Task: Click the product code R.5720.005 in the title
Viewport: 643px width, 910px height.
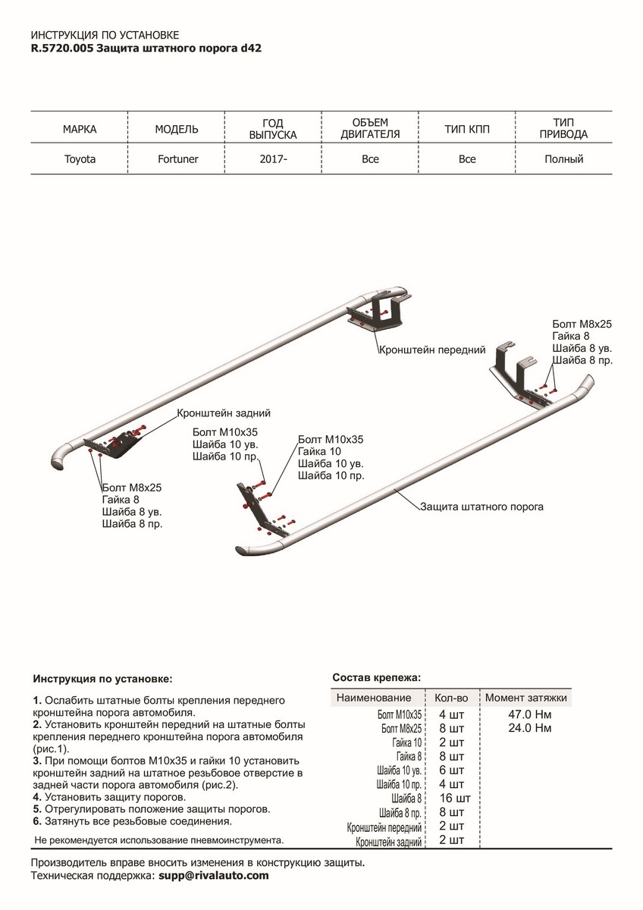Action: pyautogui.click(x=62, y=47)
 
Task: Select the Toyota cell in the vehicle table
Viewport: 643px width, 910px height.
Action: pyautogui.click(x=80, y=159)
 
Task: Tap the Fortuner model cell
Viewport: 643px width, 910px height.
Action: pyautogui.click(x=177, y=159)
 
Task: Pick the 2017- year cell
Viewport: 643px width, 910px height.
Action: pyautogui.click(x=273, y=159)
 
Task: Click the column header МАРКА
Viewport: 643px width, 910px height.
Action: pyautogui.click(x=80, y=130)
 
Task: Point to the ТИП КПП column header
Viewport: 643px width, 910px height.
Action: pyautogui.click(x=467, y=130)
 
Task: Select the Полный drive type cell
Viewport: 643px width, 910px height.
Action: pyautogui.click(x=563, y=159)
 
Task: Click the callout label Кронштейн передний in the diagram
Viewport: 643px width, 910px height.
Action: pyautogui.click(x=432, y=350)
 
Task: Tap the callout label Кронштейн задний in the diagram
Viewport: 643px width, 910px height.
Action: pyautogui.click(x=224, y=413)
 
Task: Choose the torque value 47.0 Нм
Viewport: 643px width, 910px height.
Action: pyautogui.click(x=527, y=714)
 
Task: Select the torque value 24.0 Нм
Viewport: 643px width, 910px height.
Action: pyautogui.click(x=527, y=728)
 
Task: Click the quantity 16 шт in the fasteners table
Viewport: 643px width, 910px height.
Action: pyautogui.click(x=455, y=798)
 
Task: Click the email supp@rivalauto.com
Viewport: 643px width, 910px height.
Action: pyautogui.click(x=213, y=875)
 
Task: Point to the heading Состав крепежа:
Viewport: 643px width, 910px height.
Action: pyautogui.click(x=376, y=677)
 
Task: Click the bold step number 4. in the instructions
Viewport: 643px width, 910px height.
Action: pyautogui.click(x=37, y=798)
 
